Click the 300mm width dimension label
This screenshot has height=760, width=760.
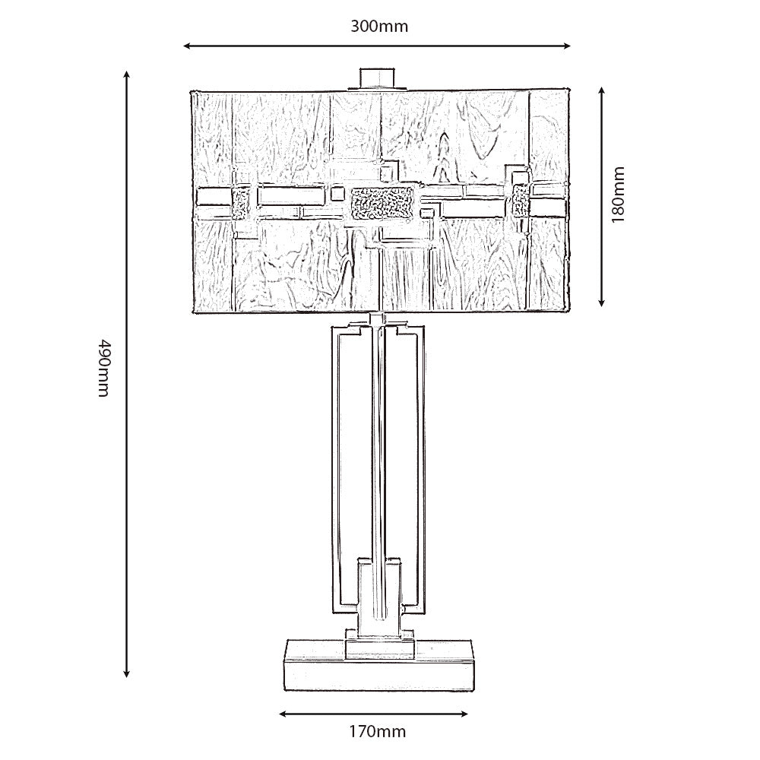coord(379,26)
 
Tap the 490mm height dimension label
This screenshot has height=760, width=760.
coord(105,369)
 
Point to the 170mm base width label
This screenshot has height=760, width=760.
coord(378,731)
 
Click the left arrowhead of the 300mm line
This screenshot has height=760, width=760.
coord(187,46)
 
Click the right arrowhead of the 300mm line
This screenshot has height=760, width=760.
coord(567,46)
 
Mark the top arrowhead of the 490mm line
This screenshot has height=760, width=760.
coord(126,74)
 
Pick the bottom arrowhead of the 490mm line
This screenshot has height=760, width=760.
coord(126,673)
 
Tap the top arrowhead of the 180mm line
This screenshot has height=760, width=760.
coord(601,91)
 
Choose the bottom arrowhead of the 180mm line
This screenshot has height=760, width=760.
coord(601,302)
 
